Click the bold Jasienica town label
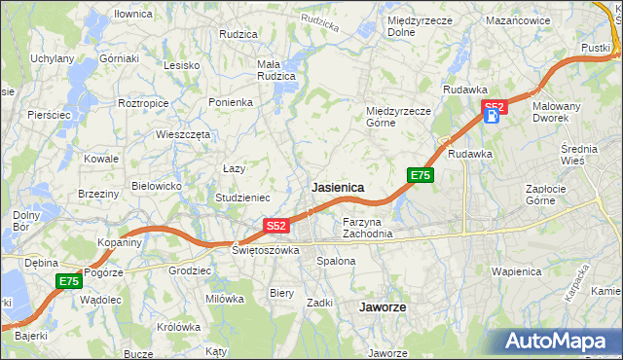click(337, 186)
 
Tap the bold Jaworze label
click(382, 306)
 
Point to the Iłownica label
click(133, 15)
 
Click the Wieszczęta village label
click(183, 135)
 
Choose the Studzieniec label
click(242, 198)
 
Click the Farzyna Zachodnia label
click(367, 228)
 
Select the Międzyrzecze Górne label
click(397, 117)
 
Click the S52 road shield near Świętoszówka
click(276, 226)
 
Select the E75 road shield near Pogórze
click(67, 281)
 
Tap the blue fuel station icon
click(493, 118)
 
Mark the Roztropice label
click(143, 102)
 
